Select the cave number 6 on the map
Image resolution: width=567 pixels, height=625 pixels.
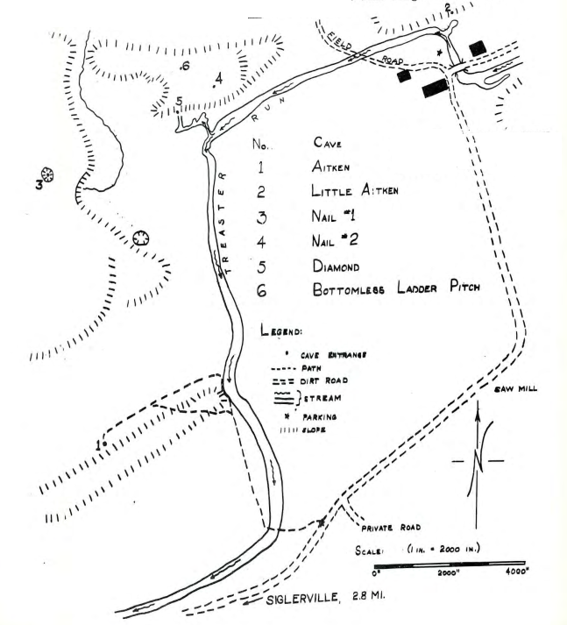tap(184, 67)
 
